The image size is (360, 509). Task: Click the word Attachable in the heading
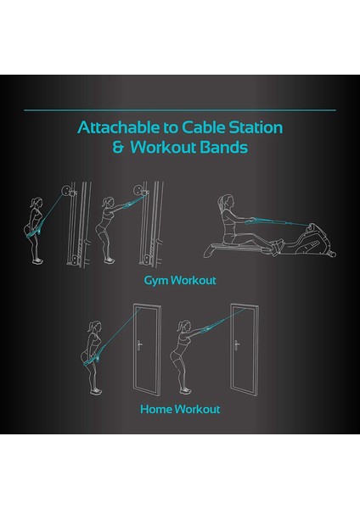111,129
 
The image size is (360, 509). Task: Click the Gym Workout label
180,279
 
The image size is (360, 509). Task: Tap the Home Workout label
180,409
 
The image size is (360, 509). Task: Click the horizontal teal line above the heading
180,109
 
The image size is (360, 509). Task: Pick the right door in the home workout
246,349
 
